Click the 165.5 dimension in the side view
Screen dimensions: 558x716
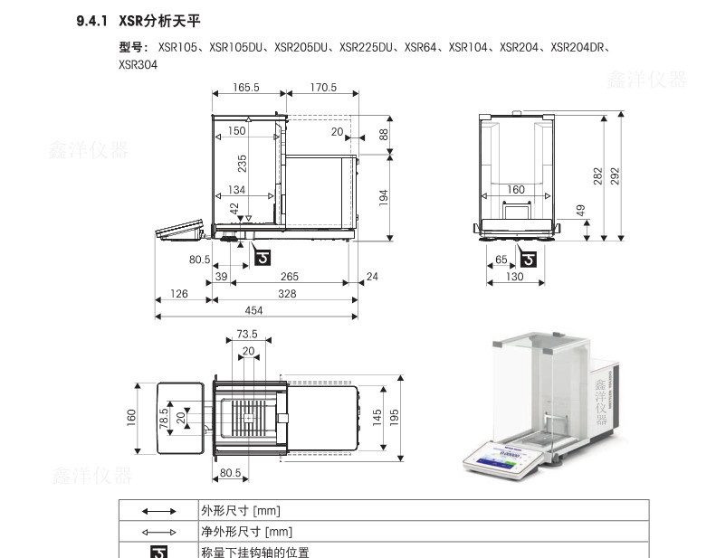245,88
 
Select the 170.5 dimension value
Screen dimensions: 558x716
322,88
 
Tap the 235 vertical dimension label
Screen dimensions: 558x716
242,163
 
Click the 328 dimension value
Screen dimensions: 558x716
287,294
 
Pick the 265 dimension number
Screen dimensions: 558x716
290,276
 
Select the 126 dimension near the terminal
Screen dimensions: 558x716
179,294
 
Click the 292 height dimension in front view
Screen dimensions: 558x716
616,175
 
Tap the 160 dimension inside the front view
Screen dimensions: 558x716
515,190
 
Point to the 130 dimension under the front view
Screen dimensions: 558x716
514,277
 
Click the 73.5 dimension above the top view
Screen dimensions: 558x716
247,334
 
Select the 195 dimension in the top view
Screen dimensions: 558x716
394,415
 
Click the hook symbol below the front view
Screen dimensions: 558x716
530,261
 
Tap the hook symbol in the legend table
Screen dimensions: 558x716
158,551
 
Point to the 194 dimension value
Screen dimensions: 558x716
383,195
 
